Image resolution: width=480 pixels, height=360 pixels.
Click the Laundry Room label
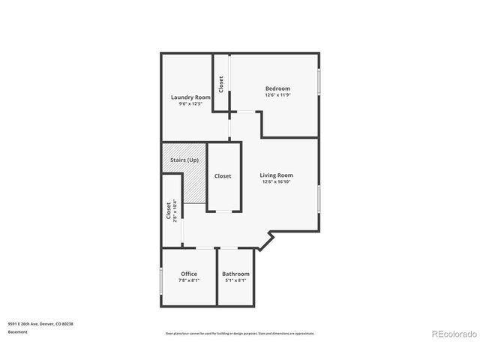[x=190, y=97]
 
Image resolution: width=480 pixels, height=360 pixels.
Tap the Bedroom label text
[x=277, y=88]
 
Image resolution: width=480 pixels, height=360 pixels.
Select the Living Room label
[x=276, y=175]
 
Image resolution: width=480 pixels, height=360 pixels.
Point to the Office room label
[x=189, y=274]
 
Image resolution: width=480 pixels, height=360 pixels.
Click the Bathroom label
[x=235, y=274]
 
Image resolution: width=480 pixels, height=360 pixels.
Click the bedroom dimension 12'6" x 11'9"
[x=277, y=95]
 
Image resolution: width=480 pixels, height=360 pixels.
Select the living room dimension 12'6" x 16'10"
[x=276, y=181]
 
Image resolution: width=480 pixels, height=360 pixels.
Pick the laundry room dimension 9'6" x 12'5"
[x=190, y=104]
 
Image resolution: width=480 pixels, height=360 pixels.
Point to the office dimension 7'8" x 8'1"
[x=189, y=280]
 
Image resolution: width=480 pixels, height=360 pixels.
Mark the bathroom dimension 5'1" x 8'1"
[x=235, y=280]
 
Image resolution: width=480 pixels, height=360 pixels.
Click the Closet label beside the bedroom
[x=221, y=83]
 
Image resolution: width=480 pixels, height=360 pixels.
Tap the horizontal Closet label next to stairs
[x=223, y=176]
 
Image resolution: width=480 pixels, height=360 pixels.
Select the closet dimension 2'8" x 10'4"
[x=175, y=211]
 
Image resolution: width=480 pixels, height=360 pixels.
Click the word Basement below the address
[x=18, y=331]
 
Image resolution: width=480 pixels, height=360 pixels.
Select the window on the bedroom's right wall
[x=319, y=80]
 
